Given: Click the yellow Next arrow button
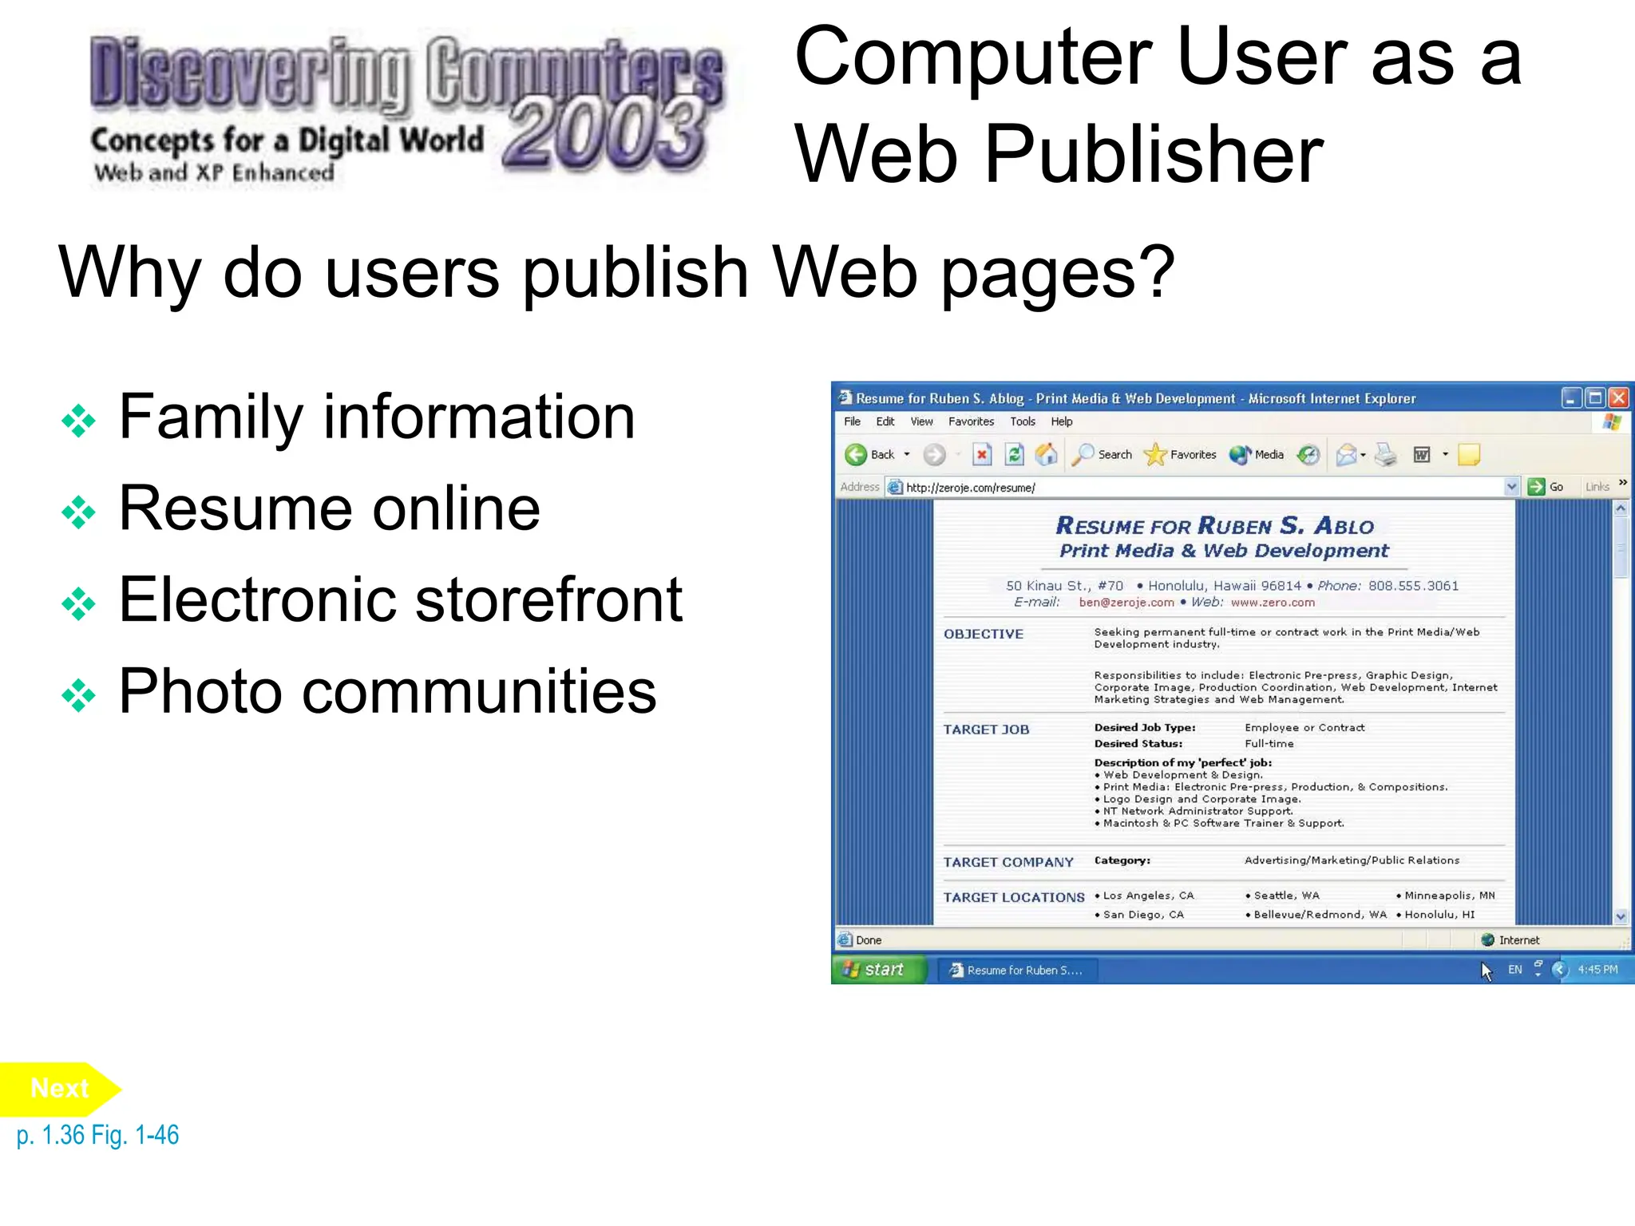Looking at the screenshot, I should [58, 1089].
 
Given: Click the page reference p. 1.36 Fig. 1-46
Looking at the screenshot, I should [97, 1135].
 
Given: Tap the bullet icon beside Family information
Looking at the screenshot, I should [78, 421].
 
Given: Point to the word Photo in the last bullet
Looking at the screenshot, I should [200, 691].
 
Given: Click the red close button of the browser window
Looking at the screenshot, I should [1618, 397].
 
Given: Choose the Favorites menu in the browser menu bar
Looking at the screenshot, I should [971, 421].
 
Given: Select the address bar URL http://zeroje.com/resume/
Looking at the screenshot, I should [970, 488].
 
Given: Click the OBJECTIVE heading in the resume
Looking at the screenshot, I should [983, 634].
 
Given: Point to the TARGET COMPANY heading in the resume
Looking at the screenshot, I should [1008, 862].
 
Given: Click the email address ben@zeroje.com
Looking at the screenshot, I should [1126, 603].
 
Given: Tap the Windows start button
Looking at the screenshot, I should [877, 970].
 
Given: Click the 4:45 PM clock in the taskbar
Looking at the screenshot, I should [1597, 970].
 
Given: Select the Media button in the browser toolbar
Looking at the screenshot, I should [1257, 455].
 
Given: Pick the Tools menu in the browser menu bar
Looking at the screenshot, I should [1022, 421].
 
